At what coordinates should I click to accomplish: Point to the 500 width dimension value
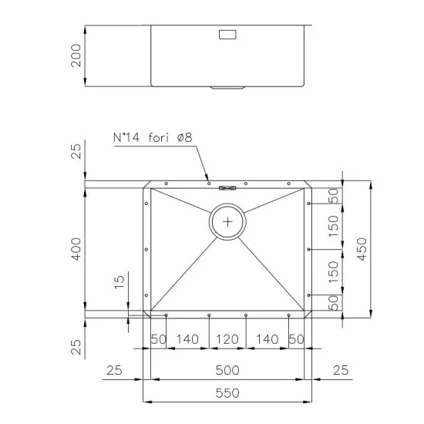pos(227,369)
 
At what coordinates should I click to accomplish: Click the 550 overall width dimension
pos(227,392)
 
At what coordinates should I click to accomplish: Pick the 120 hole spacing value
pos(227,339)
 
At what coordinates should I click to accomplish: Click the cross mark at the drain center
pos(227,222)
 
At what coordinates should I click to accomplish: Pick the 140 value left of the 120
pos(187,339)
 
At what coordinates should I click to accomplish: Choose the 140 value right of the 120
pos(267,339)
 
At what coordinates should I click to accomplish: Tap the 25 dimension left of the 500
pos(114,369)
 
